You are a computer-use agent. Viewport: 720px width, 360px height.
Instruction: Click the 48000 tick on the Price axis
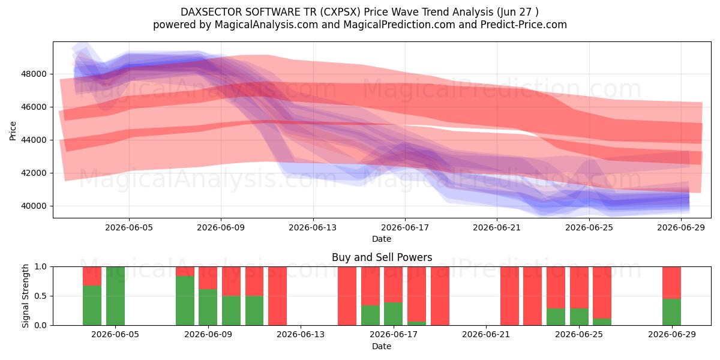(x=34, y=74)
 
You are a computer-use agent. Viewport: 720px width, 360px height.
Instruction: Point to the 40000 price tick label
(x=34, y=206)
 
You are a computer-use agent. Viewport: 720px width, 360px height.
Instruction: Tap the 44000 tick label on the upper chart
(x=34, y=140)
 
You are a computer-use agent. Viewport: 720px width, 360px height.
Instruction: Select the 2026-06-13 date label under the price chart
(x=313, y=228)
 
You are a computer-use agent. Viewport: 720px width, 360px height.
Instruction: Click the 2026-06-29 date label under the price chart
(x=681, y=228)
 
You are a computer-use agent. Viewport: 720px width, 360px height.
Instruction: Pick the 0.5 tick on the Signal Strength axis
(x=41, y=296)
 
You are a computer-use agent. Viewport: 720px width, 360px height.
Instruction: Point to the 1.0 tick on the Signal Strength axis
(x=41, y=267)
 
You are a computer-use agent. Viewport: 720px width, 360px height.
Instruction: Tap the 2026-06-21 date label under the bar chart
(x=486, y=335)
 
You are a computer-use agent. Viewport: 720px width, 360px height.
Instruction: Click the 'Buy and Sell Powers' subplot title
(x=382, y=257)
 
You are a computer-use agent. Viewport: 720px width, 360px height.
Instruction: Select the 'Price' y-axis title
(x=13, y=131)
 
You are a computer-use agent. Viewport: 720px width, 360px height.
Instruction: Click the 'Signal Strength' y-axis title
(x=25, y=296)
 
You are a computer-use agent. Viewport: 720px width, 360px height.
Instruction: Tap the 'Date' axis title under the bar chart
(x=382, y=347)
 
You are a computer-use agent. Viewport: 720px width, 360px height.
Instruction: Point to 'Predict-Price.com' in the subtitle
(x=524, y=25)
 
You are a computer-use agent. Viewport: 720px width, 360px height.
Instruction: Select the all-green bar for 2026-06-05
(x=115, y=296)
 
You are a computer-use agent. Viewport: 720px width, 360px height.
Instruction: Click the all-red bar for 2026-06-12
(x=277, y=296)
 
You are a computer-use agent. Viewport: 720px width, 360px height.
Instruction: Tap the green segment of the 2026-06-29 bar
(x=671, y=312)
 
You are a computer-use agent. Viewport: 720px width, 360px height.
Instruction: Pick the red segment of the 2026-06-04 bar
(x=92, y=276)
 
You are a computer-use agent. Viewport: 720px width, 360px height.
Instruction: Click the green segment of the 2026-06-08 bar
(x=185, y=301)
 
